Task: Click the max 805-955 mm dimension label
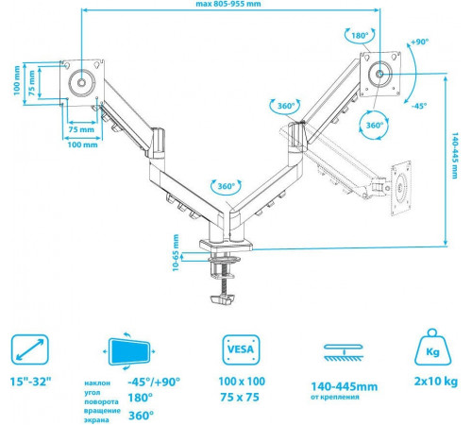228,4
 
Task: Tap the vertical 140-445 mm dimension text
455,156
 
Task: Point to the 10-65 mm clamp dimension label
176,252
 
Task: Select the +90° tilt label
420,42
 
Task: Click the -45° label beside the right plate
419,106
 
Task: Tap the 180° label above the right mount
360,36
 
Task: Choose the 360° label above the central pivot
227,186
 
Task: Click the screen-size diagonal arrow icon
30,349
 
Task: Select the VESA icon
241,349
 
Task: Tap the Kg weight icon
432,348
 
